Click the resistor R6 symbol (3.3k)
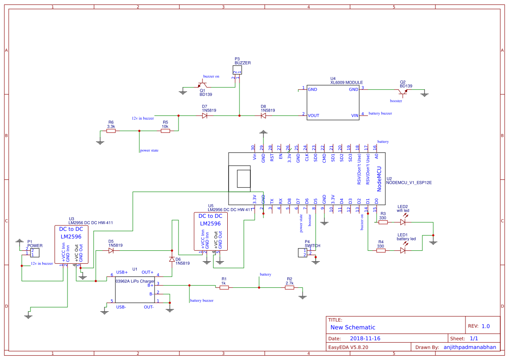coord(111,131)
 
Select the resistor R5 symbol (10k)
coord(165,131)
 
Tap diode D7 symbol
coord(205,116)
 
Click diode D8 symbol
coord(263,116)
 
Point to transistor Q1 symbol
coord(202,84)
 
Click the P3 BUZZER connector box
coord(236,70)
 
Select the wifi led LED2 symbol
coord(403,222)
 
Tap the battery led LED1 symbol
coord(403,250)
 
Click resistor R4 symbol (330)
coord(381,250)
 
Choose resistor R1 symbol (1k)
coord(224,287)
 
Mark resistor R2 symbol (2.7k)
coord(290,287)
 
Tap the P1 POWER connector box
coord(30,252)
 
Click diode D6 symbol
coord(172,259)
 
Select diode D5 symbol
coord(111,251)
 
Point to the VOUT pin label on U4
coord(314,115)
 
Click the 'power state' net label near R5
coord(149,151)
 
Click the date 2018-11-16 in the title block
coord(365,338)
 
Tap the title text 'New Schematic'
coord(353,327)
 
